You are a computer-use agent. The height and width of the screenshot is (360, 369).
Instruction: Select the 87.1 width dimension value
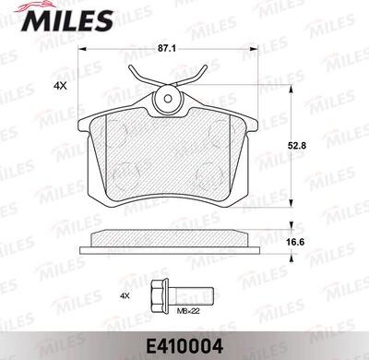pos(168,49)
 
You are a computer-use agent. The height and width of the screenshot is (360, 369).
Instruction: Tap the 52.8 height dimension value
pos(297,146)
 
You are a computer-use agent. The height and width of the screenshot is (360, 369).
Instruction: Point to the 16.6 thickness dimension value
pos(295,242)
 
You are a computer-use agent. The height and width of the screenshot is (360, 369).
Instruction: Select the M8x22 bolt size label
pos(189,311)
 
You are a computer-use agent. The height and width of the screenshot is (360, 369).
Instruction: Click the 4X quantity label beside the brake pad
pos(60,86)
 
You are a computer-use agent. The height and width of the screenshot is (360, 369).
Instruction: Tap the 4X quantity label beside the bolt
pos(125,296)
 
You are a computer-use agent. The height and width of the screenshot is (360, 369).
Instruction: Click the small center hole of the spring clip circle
pos(168,99)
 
